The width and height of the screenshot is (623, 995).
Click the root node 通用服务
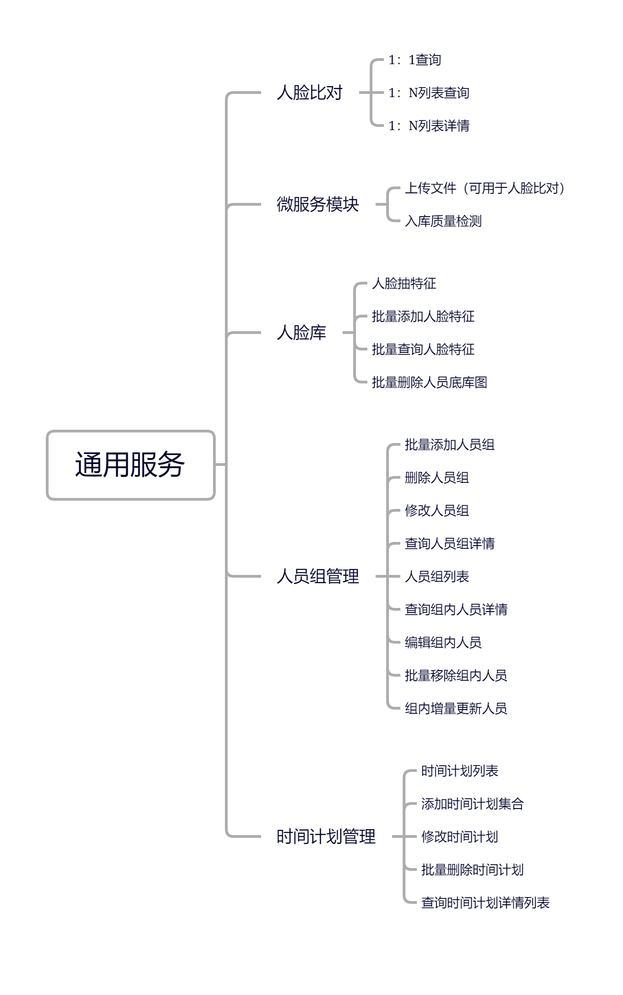coord(131,465)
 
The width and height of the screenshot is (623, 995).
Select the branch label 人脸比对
coord(310,93)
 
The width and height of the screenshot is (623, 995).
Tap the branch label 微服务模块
coord(317,204)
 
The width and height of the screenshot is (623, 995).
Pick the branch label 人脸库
coord(301,333)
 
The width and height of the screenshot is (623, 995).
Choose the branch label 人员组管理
coord(317,576)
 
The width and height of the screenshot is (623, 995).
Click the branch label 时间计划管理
coord(326,836)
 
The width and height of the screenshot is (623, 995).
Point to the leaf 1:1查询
coord(415,60)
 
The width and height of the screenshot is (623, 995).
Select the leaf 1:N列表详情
coord(429,126)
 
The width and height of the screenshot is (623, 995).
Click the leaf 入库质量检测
coord(443,221)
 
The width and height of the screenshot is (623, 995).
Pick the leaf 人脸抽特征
coord(404,284)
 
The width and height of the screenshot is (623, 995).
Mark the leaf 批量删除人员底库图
coord(429,383)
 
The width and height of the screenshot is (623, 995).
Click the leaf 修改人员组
coord(437,511)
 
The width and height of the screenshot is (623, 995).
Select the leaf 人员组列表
coord(437,577)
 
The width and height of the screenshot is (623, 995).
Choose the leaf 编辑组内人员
coord(443,643)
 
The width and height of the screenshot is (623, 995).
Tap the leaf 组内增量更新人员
coord(456,709)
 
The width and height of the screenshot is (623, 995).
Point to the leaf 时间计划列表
coord(459,771)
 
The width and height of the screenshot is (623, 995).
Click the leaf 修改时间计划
coord(459,837)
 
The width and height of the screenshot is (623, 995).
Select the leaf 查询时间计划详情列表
coord(485,903)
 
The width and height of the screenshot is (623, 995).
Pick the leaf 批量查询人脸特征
coord(423,350)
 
